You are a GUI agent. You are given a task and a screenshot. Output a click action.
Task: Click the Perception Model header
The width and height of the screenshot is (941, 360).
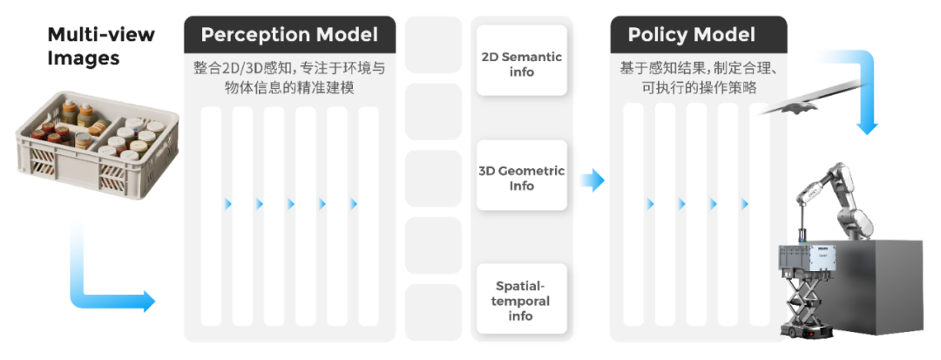(289, 35)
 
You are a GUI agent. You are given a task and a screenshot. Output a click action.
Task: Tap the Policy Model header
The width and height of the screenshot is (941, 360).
(692, 35)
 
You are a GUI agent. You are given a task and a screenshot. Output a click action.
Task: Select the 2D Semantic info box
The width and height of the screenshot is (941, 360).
(522, 64)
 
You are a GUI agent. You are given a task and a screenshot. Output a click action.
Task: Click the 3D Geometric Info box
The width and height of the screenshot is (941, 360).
(522, 178)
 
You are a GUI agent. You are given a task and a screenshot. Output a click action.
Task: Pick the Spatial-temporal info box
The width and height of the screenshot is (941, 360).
(522, 300)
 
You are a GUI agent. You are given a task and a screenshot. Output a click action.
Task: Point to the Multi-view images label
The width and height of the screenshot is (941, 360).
(100, 47)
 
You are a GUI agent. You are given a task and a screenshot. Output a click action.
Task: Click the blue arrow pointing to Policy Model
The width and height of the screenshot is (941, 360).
(592, 180)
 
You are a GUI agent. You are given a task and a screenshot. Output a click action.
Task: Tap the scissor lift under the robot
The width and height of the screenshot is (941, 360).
(806, 301)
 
